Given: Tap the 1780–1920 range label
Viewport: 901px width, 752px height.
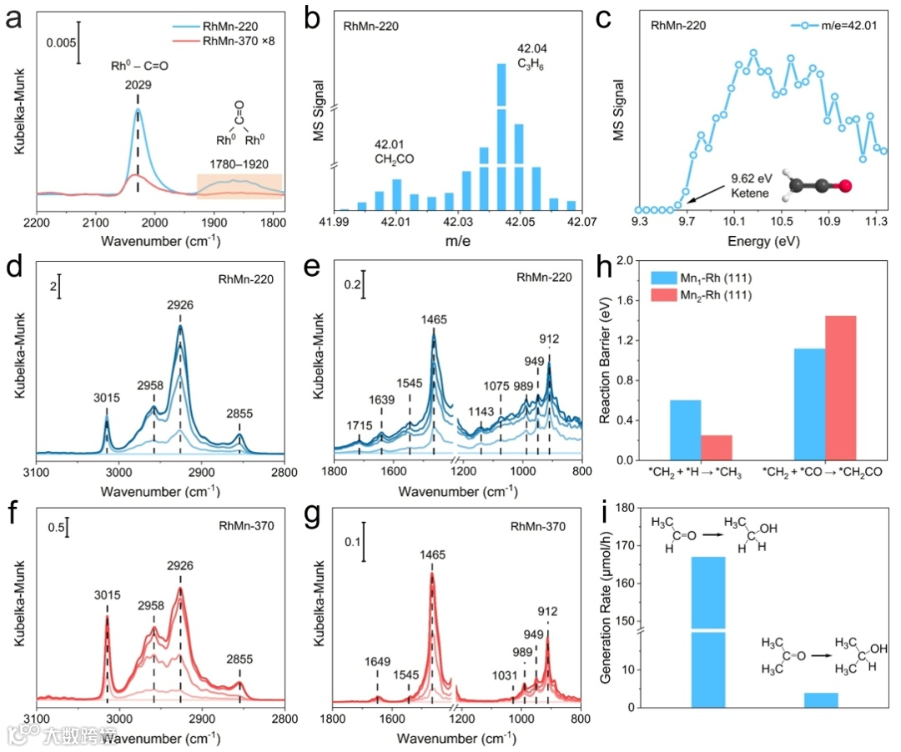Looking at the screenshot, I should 237,164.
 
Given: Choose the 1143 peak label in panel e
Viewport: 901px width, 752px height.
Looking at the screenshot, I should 481,410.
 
